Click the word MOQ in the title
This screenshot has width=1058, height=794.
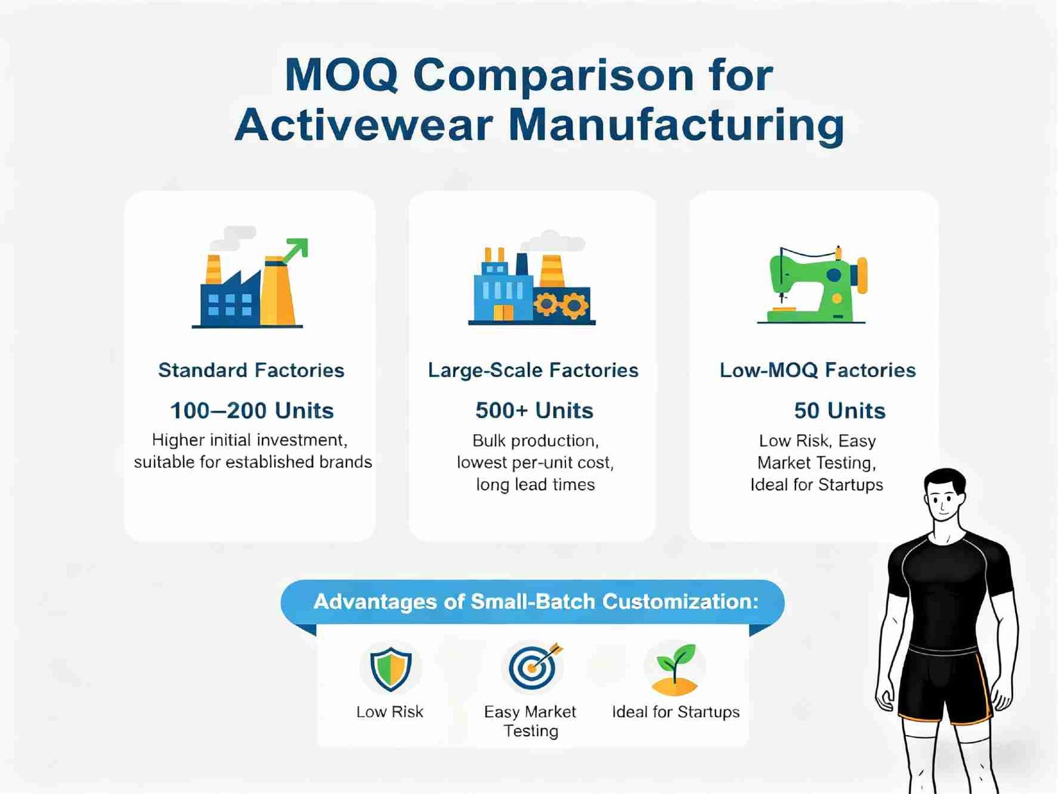tap(341, 75)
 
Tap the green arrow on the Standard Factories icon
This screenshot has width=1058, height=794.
tap(294, 251)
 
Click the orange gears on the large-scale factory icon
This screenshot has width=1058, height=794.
tap(561, 305)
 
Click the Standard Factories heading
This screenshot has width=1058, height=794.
tap(251, 371)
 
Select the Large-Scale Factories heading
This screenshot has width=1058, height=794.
tap(533, 371)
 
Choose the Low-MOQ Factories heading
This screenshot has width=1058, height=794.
tap(817, 371)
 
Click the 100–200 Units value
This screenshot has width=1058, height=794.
tap(252, 411)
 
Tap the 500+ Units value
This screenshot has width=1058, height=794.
tap(534, 411)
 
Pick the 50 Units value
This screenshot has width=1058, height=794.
tap(840, 411)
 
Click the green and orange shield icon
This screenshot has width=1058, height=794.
tap(391, 669)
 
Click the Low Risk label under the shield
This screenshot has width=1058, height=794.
tap(389, 712)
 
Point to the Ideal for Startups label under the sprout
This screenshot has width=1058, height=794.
tap(676, 712)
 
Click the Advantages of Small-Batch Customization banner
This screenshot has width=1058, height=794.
tap(532, 601)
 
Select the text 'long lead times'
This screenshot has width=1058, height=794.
tap(535, 484)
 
